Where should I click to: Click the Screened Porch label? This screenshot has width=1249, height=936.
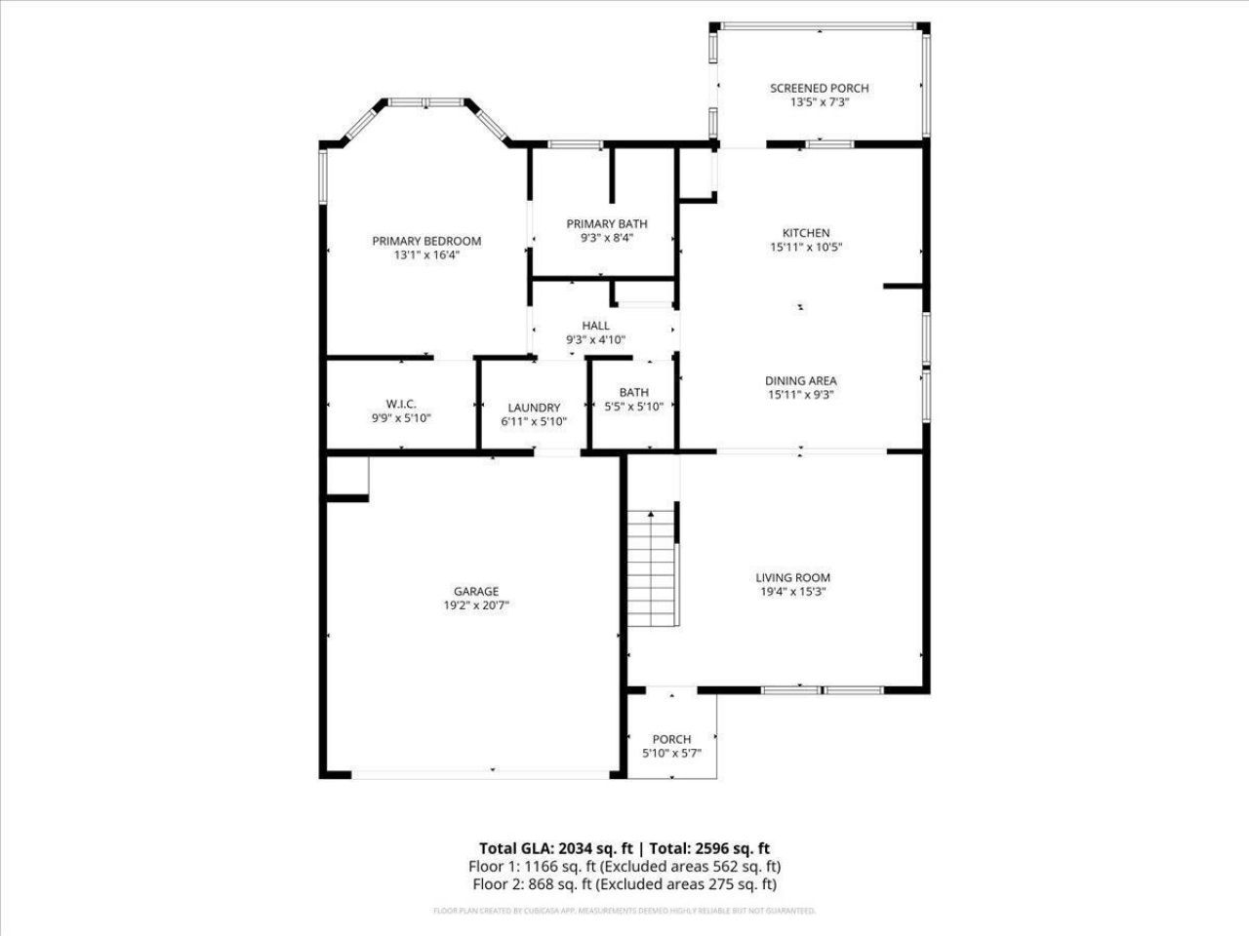click(819, 88)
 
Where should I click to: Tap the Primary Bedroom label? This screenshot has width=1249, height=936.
click(426, 241)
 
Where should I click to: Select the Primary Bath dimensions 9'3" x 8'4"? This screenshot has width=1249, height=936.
click(606, 238)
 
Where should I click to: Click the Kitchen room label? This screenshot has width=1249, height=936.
click(806, 233)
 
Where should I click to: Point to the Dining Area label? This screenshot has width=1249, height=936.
click(800, 381)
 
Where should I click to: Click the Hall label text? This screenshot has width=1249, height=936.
click(595, 326)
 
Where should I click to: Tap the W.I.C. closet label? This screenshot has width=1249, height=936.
click(401, 404)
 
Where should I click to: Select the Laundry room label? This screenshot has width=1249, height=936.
click(534, 408)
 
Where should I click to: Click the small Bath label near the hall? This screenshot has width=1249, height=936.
click(633, 393)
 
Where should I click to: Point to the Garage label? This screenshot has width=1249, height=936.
click(476, 591)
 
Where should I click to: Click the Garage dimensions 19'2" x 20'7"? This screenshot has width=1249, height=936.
click(476, 604)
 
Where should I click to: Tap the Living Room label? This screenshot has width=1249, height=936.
click(792, 577)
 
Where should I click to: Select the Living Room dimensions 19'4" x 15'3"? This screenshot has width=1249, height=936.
click(792, 591)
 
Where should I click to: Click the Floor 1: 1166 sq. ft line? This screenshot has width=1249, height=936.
click(624, 866)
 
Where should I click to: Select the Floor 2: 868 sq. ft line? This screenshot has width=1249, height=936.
click(624, 884)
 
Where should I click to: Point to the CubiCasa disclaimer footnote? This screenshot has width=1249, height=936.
click(624, 911)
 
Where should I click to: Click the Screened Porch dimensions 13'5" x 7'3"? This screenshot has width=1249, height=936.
click(819, 101)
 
